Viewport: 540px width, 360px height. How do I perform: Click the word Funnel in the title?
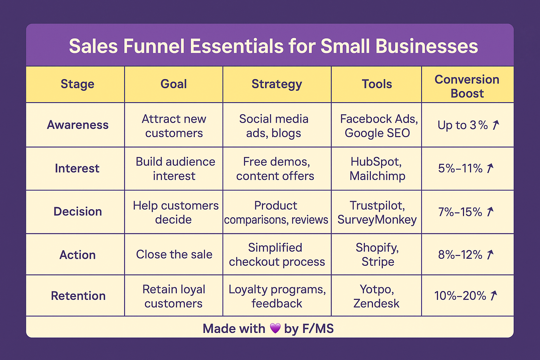pyautogui.click(x=154, y=46)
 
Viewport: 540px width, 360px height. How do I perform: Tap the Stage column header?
pyautogui.click(x=77, y=84)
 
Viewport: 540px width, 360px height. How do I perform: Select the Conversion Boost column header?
pyautogui.click(x=467, y=86)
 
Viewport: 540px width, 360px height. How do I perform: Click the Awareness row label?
pyautogui.click(x=78, y=125)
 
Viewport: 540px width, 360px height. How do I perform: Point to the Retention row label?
pyautogui.click(x=78, y=296)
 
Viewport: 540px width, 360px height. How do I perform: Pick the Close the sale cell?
pyautogui.click(x=174, y=255)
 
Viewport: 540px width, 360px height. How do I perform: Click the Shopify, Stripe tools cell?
pyautogui.click(x=377, y=255)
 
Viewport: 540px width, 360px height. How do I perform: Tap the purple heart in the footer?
pyautogui.click(x=275, y=328)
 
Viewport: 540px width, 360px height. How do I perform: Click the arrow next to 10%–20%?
pyautogui.click(x=494, y=296)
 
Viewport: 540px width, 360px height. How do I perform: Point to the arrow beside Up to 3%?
pyautogui.click(x=496, y=125)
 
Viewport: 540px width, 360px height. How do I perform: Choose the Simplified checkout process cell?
pyautogui.click(x=277, y=255)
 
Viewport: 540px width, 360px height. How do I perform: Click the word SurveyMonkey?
pyautogui.click(x=377, y=220)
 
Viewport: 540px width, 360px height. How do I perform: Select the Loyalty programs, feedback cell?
pyautogui.click(x=277, y=296)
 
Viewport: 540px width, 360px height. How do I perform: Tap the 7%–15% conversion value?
pyautogui.click(x=460, y=212)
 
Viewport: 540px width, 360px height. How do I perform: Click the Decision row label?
pyautogui.click(x=78, y=212)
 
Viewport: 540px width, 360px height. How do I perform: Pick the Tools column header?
pyautogui.click(x=377, y=84)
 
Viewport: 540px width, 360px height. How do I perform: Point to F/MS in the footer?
pyautogui.click(x=318, y=328)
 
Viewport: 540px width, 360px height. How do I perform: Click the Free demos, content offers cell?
pyautogui.click(x=275, y=168)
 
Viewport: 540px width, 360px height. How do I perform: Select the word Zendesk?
pyautogui.click(x=376, y=303)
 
